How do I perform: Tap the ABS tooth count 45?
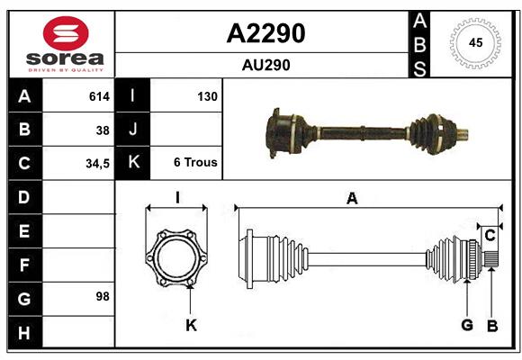(475, 43)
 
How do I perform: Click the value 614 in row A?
(98, 96)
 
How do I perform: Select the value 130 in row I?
(206, 96)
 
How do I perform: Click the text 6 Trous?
(195, 164)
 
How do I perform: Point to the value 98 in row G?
(103, 295)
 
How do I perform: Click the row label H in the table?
(24, 333)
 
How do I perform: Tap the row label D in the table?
(24, 197)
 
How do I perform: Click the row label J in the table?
(133, 130)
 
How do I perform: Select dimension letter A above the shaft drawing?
(352, 199)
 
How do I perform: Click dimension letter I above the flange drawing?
(177, 198)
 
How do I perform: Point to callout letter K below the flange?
(191, 326)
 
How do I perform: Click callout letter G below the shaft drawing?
(467, 326)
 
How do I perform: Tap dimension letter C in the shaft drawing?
(490, 235)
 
